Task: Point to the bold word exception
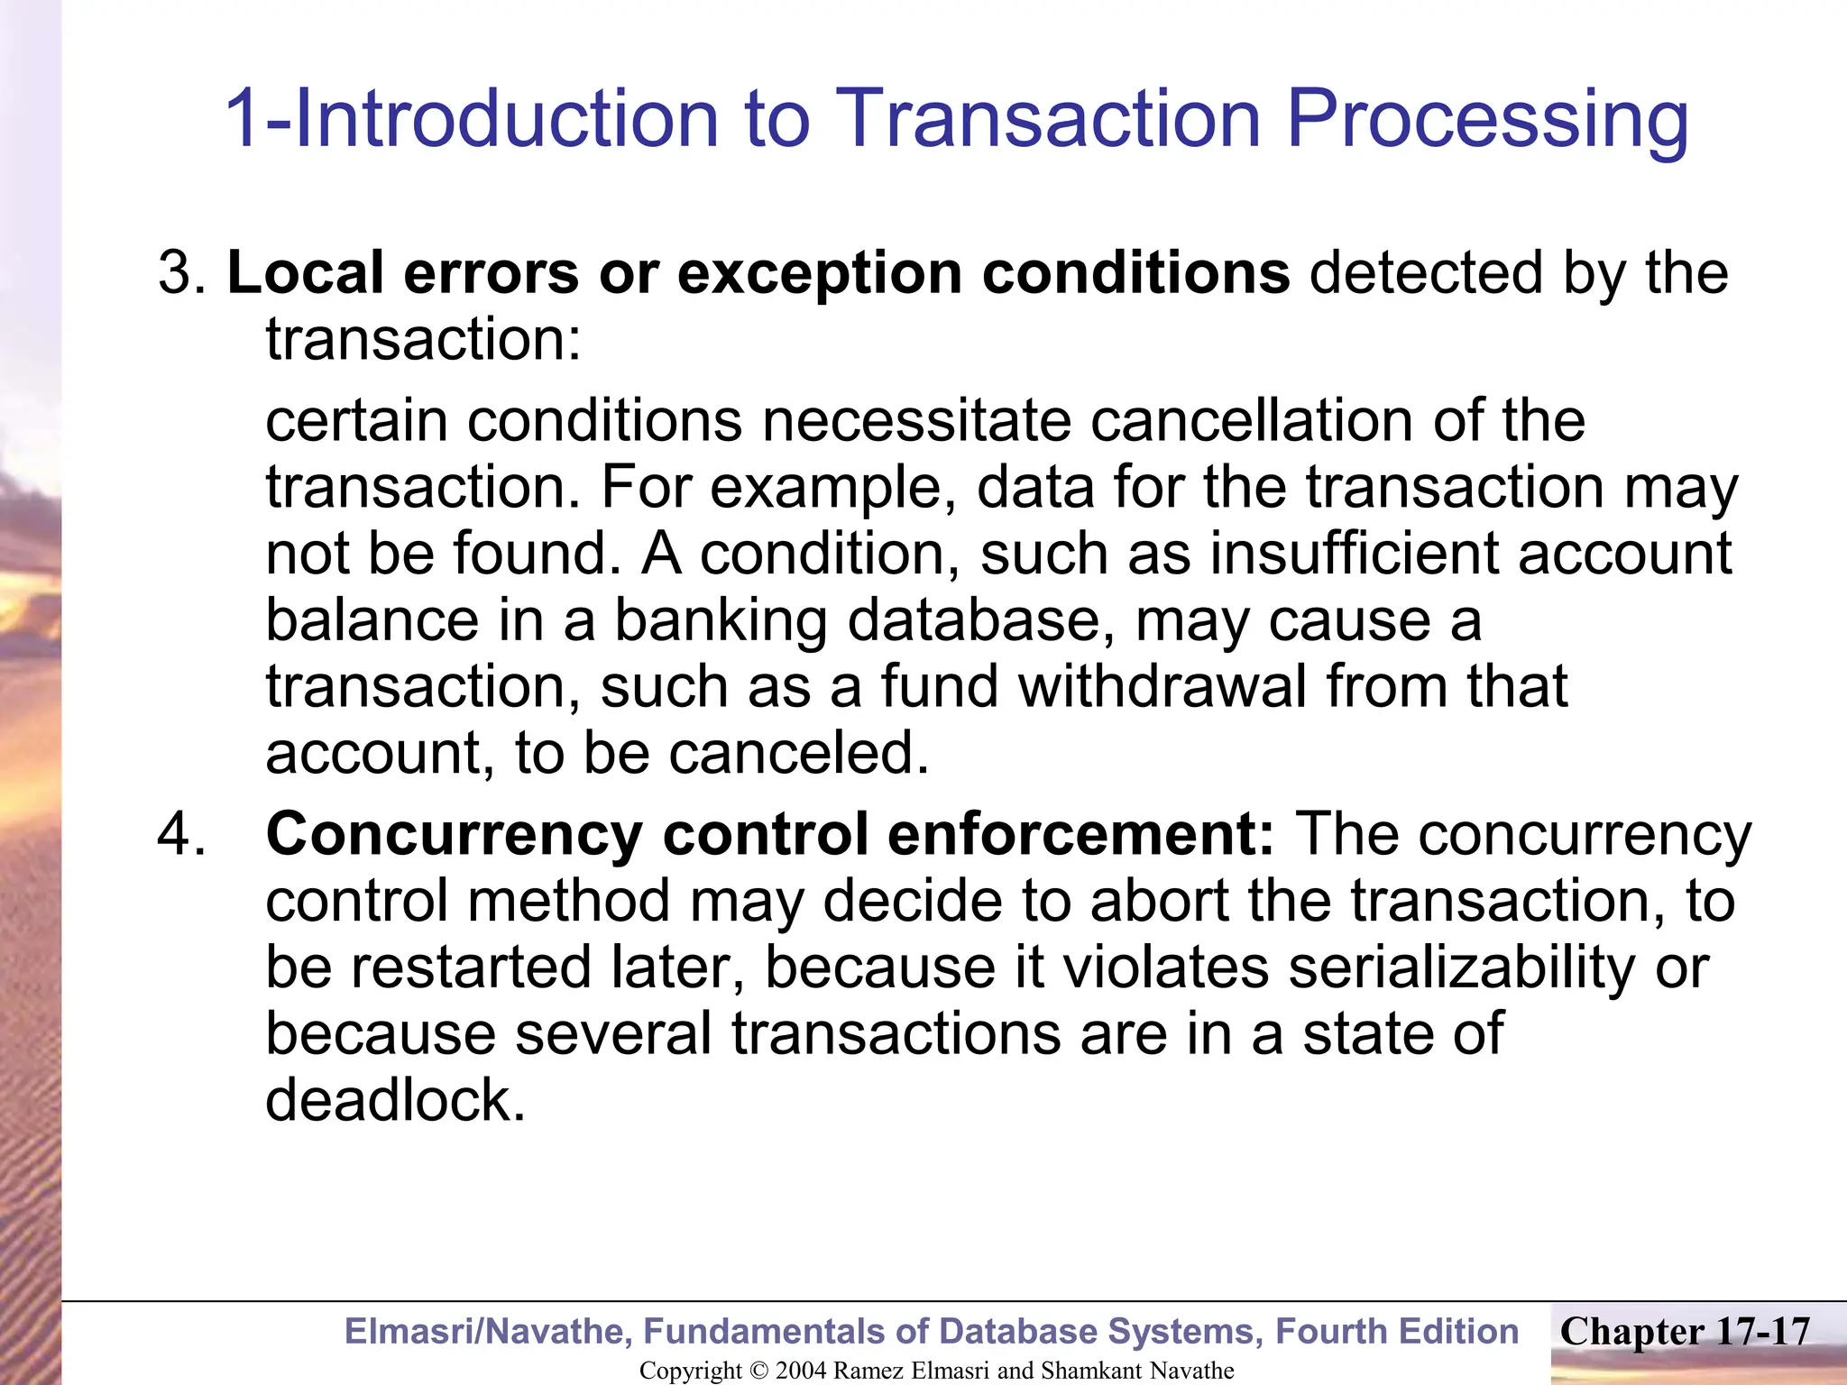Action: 820,274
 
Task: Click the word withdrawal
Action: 1162,686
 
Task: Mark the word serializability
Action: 1461,968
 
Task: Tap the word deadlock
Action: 393,1099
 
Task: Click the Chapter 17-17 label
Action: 1685,1331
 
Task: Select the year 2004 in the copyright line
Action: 801,1371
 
